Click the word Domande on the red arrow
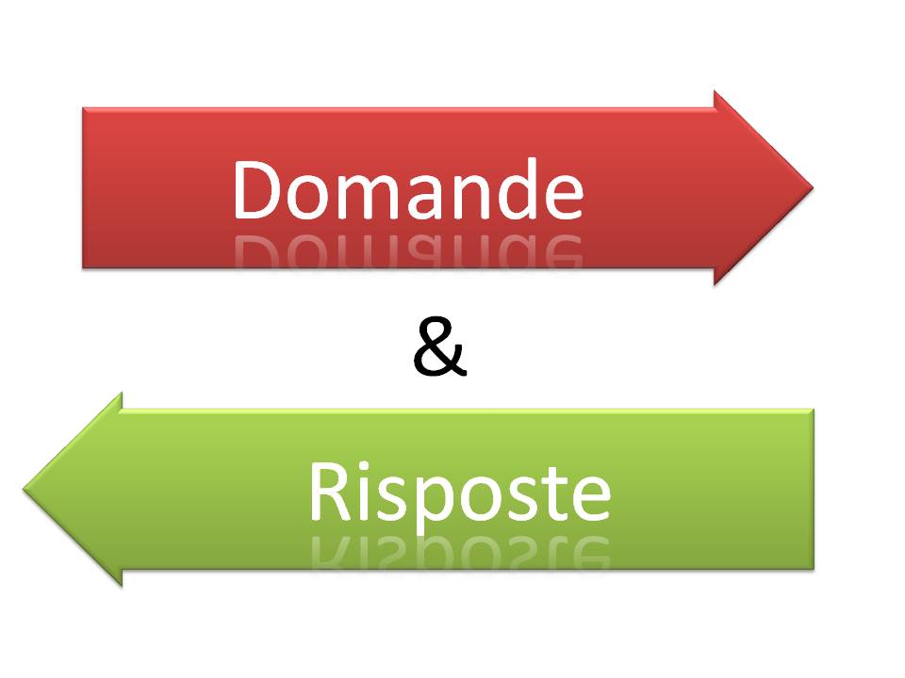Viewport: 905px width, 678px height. click(x=407, y=188)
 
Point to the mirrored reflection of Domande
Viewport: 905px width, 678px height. click(x=407, y=251)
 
